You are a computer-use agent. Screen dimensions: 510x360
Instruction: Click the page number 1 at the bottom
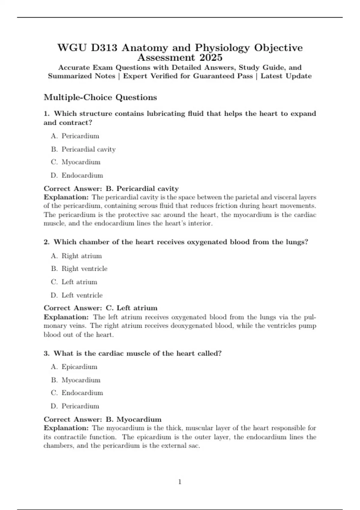click(x=180, y=482)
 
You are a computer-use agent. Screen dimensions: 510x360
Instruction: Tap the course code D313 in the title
click(x=104, y=48)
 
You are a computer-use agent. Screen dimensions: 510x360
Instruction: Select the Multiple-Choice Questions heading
click(x=100, y=97)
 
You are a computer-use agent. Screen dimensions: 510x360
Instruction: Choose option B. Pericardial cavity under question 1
click(x=83, y=149)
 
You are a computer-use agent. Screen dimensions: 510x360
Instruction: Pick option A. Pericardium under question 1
click(x=75, y=136)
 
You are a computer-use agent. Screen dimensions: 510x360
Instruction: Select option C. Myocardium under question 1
click(x=76, y=162)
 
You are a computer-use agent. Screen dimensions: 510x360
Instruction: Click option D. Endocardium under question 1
click(x=77, y=175)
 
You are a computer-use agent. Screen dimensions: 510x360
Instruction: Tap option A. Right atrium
click(x=76, y=256)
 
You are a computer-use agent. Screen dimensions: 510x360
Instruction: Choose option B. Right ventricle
click(x=79, y=268)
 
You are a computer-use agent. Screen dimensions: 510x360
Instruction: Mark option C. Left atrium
click(x=74, y=282)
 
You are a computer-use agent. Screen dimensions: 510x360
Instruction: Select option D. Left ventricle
click(x=77, y=295)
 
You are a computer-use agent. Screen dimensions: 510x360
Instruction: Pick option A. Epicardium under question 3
click(x=74, y=367)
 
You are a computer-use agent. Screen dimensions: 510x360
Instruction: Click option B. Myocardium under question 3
click(x=76, y=380)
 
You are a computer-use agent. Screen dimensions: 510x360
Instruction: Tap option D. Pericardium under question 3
click(x=75, y=406)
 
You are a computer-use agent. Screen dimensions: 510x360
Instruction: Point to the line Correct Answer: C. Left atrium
click(x=100, y=308)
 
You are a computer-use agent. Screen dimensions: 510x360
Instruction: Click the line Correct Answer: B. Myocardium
click(x=103, y=419)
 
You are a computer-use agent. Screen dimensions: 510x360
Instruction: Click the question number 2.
click(x=46, y=242)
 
